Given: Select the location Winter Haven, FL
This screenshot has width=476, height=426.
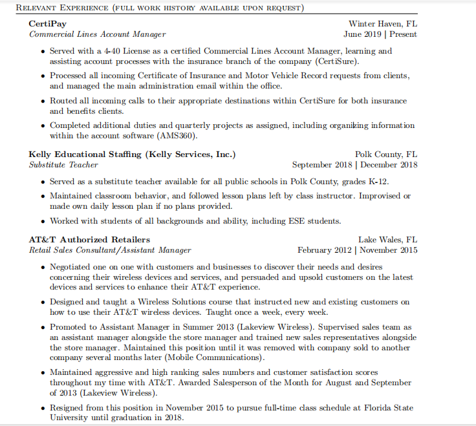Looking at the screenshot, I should [x=383, y=23].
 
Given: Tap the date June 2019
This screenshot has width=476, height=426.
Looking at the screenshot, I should [x=362, y=34].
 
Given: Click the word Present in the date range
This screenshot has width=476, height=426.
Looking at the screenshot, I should [x=402, y=34].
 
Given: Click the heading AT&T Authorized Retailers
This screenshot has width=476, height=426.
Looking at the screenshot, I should [x=89, y=239].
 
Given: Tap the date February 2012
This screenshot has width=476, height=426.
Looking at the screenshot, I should [x=324, y=250].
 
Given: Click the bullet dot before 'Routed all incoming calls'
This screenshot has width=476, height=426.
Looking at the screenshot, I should [x=43, y=101].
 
